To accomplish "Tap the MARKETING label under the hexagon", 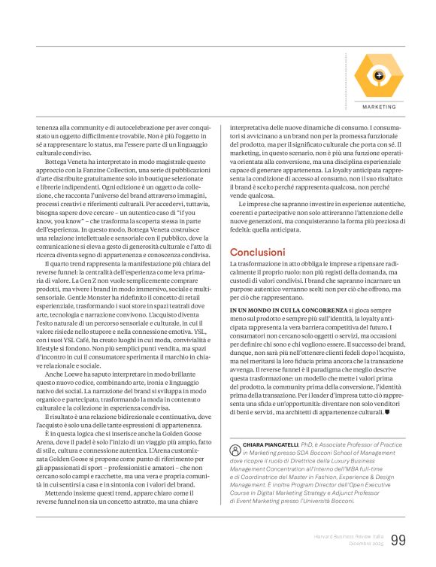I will point(379,107).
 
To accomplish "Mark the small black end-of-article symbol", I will point(386,413).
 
